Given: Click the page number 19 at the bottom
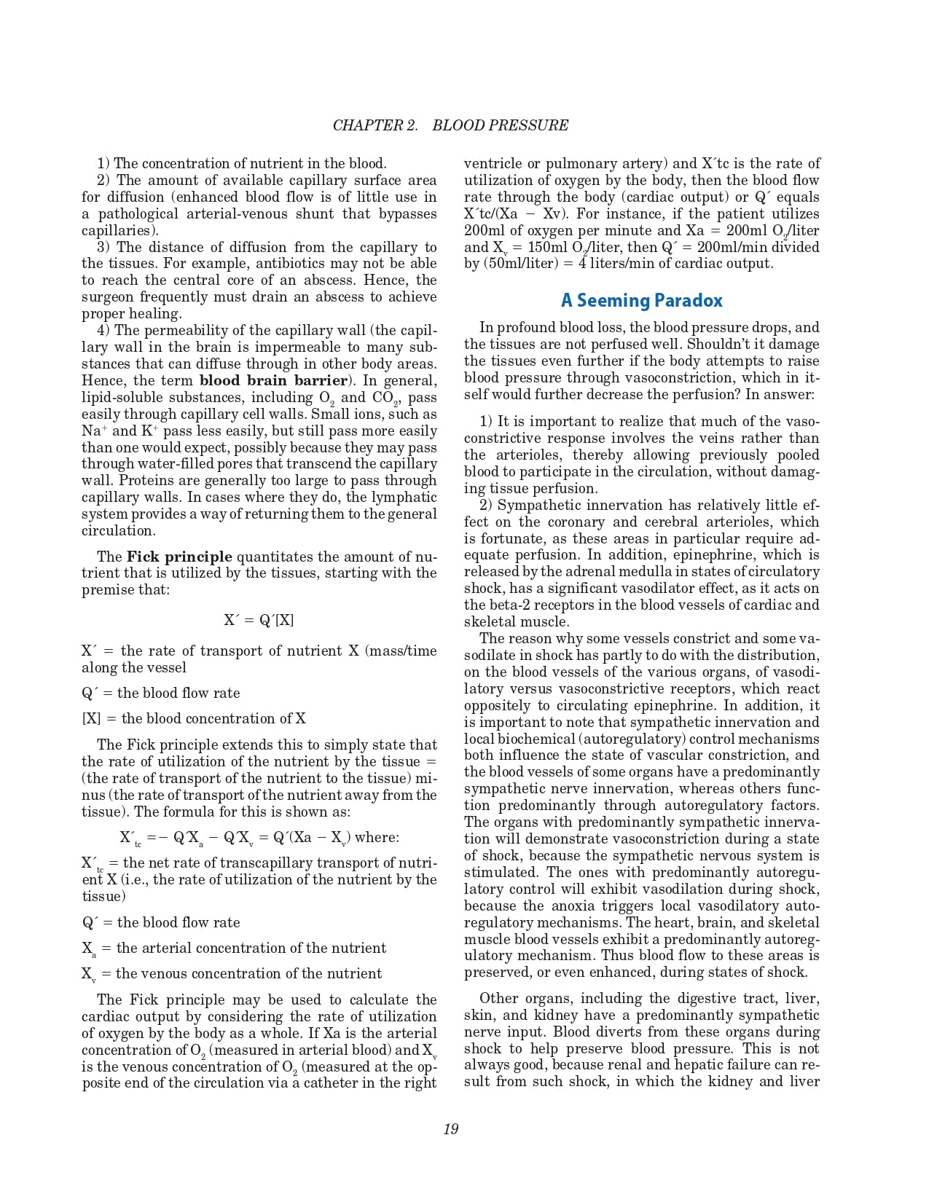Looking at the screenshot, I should (450, 1129).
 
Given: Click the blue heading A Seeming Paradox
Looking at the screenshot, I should (641, 300).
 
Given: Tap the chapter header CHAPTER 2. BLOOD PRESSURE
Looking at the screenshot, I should (450, 125).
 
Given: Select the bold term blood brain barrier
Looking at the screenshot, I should (273, 381).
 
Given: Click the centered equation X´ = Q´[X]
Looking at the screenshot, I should (259, 621).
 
